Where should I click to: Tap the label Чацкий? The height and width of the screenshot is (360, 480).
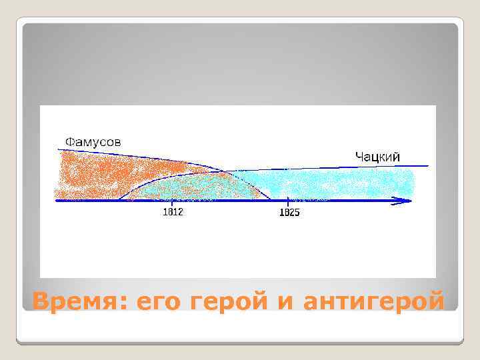click(377, 156)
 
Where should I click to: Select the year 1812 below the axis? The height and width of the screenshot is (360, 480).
click(173, 213)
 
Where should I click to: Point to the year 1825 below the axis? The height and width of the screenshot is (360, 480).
click(289, 213)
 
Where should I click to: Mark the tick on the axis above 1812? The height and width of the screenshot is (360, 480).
click(173, 200)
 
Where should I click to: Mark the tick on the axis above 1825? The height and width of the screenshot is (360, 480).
click(288, 200)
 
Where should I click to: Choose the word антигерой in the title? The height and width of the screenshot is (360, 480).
click(373, 302)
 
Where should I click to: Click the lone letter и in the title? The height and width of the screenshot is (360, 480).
click(285, 302)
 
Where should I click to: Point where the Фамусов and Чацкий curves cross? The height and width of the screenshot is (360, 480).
click(223, 171)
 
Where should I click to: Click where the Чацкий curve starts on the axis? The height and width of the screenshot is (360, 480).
click(119, 199)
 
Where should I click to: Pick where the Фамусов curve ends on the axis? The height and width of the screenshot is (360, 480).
click(270, 199)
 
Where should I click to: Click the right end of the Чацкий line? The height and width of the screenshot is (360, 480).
click(427, 165)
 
